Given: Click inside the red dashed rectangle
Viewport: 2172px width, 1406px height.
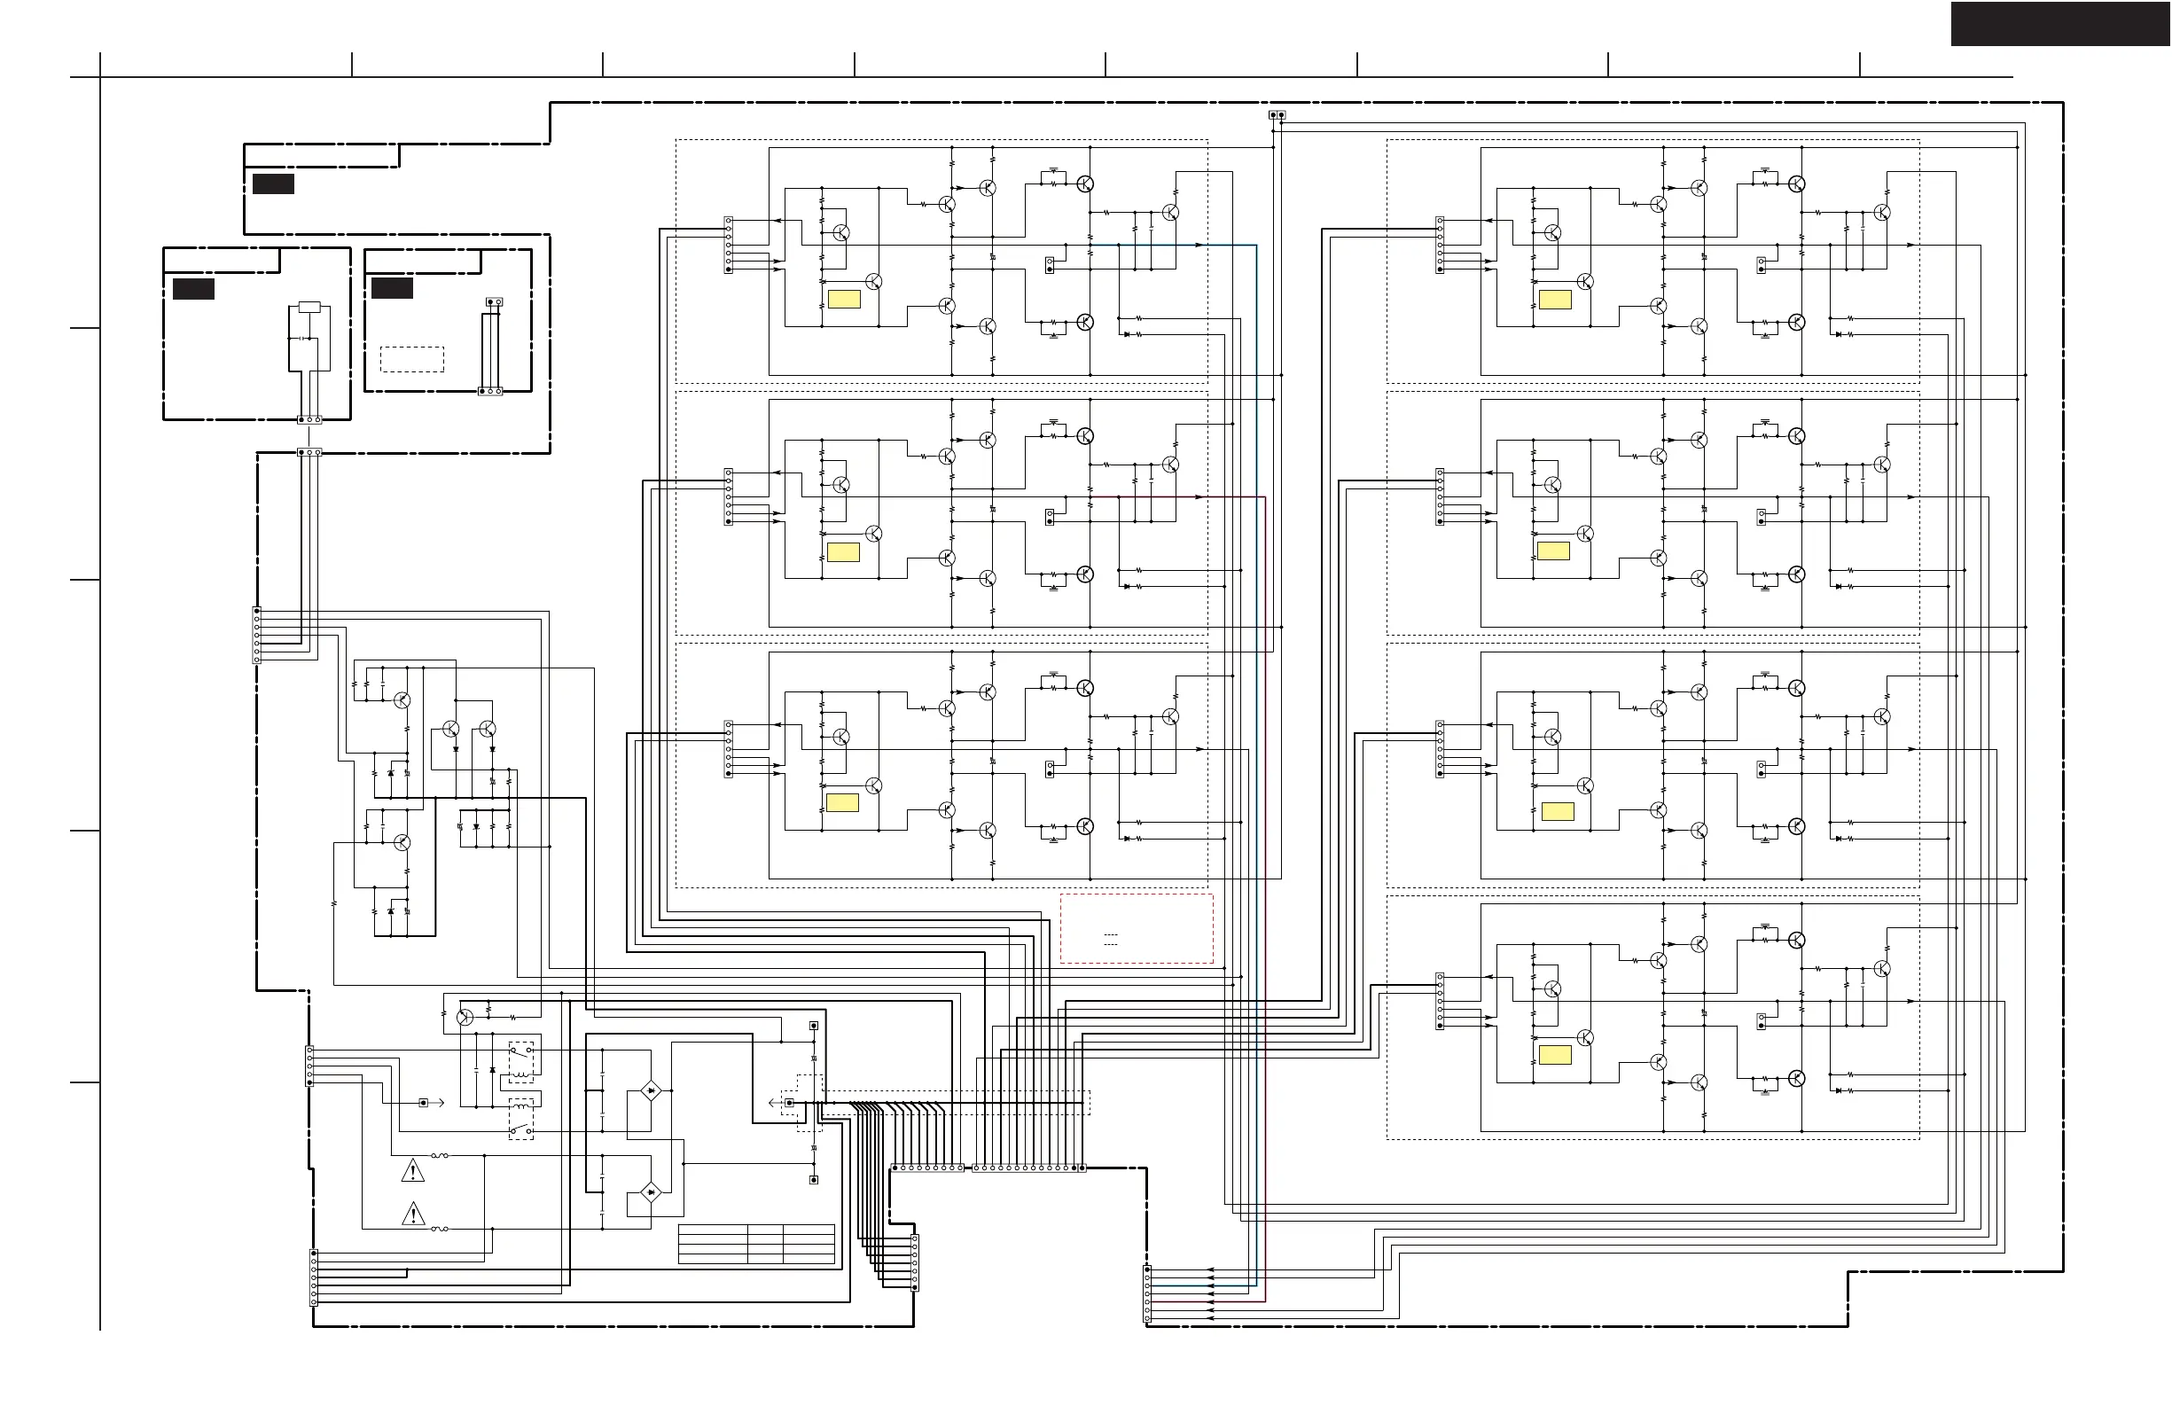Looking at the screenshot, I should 1137,928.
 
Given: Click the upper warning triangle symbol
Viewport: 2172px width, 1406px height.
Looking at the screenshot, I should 413,1170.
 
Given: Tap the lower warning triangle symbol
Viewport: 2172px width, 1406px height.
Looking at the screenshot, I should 413,1214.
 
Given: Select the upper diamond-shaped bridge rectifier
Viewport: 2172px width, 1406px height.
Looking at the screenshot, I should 650,1090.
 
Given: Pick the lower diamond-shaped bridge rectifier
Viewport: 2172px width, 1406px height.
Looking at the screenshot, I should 650,1191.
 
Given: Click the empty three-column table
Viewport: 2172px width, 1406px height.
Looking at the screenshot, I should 756,1244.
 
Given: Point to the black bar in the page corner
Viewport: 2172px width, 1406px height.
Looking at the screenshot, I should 2060,24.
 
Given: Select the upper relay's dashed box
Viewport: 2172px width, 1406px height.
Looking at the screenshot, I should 521,1062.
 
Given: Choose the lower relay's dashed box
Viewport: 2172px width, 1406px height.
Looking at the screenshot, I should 521,1119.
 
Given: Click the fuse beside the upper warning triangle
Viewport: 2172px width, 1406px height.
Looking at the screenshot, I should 440,1155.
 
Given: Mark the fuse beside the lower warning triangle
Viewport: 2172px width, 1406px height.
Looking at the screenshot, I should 440,1229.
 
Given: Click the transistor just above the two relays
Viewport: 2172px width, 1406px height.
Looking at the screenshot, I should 465,1018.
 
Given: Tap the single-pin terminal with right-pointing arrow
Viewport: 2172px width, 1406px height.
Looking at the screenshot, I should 424,1103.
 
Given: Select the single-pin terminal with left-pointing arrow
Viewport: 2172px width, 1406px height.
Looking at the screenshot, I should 789,1103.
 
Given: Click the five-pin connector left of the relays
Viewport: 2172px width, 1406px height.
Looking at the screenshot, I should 309,1066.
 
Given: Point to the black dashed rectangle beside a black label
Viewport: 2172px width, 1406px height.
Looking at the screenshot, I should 411,358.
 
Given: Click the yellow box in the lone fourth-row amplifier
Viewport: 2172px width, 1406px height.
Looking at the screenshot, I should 1555,1055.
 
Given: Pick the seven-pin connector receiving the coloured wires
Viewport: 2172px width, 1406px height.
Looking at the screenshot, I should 1147,1293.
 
